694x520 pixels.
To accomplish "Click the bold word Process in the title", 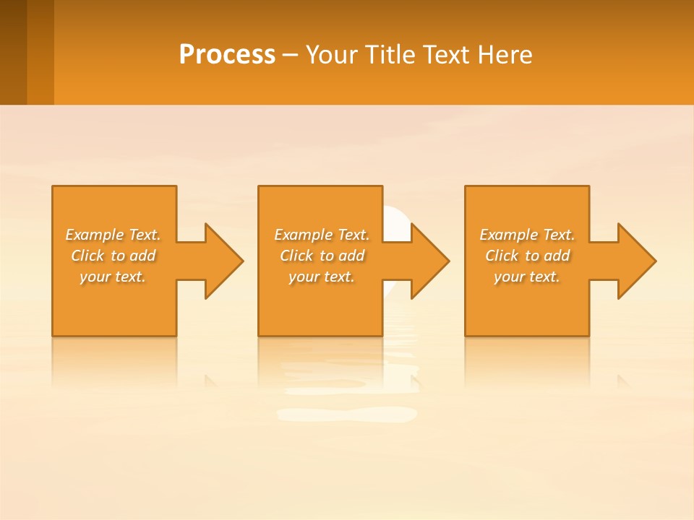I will (227, 55).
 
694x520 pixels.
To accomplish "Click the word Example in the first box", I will (94, 235).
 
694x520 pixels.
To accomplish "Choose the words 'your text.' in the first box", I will (113, 277).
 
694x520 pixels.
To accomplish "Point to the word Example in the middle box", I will (302, 235).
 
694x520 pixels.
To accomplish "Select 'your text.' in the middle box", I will (321, 277).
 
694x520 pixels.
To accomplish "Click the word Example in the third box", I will (508, 235).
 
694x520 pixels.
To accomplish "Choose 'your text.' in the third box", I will (527, 277).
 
